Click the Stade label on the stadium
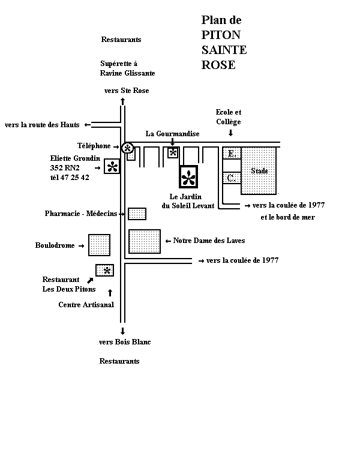259,171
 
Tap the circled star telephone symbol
127,148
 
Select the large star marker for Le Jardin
188,176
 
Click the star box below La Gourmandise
173,152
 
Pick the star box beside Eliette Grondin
112,166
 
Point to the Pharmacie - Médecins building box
137,214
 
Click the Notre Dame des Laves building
145,241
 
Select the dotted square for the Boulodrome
99,245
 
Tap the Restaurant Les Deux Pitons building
104,270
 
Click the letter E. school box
232,153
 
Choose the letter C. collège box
232,178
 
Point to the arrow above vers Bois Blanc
122,331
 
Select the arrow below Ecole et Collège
230,133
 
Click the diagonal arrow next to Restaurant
91,280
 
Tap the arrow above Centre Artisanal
110,293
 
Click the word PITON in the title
221,35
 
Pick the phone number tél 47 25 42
70,178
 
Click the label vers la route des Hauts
42,125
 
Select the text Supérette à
119,64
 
